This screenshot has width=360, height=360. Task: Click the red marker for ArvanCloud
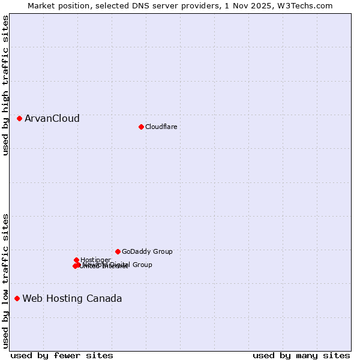point(19,119)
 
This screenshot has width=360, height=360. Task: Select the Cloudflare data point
point(141,127)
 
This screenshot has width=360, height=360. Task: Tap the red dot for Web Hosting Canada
point(17,298)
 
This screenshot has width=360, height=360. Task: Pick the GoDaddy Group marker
point(118,251)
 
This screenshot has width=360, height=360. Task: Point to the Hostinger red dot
point(76,260)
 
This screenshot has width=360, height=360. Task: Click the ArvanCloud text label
point(52,119)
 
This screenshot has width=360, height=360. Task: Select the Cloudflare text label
point(161,127)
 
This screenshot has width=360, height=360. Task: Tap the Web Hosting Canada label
point(72,298)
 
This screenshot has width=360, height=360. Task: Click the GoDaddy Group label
point(147,251)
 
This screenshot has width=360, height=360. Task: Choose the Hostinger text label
point(95,260)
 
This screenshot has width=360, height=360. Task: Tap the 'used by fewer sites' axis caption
point(62,355)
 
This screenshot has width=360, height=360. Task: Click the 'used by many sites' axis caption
point(301,355)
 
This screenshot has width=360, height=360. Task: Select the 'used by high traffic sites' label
point(5,85)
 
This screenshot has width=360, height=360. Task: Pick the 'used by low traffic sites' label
point(5,280)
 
